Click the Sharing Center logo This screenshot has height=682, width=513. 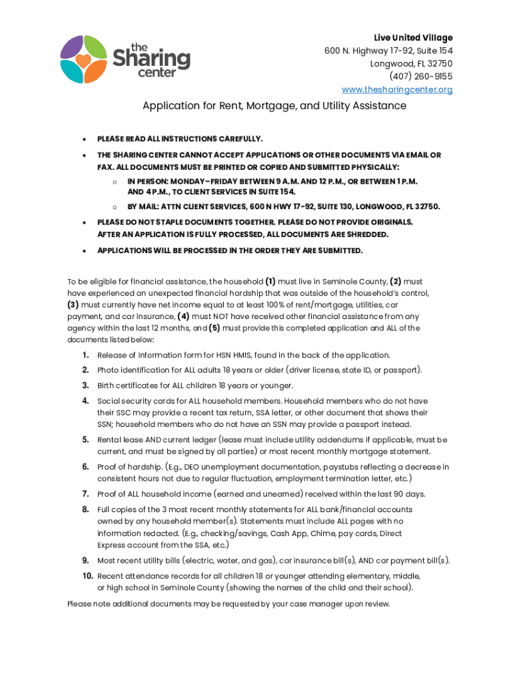coord(125,59)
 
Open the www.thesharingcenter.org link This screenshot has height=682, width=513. coord(397,90)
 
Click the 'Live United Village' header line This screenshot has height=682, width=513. coord(413,37)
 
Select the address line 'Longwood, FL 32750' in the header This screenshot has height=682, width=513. coord(411,63)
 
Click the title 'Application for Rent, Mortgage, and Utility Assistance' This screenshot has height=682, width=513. coord(274,106)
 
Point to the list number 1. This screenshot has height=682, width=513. coord(86,355)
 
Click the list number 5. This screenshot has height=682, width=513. coord(86,440)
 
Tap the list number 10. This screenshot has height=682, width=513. coord(87,575)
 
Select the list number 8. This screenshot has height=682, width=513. coord(86,510)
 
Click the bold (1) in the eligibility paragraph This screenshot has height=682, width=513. coord(271,281)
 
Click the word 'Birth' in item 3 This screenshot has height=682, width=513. coord(107,386)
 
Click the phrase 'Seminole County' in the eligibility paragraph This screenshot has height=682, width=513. coord(360,281)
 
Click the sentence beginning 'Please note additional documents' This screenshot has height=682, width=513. coord(228,604)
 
